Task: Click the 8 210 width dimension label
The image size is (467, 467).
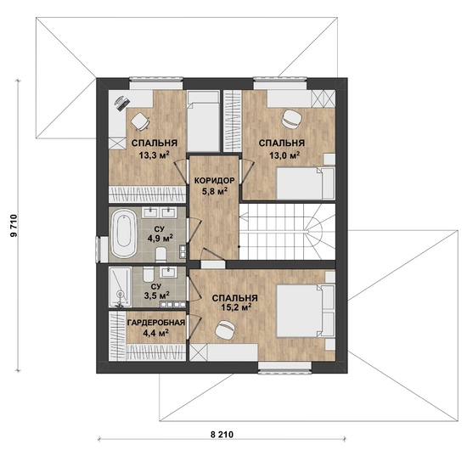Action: tap(222, 435)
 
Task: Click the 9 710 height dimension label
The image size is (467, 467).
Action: tap(14, 226)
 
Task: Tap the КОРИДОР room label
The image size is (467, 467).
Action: tap(215, 181)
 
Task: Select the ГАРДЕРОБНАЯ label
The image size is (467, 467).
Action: tap(156, 323)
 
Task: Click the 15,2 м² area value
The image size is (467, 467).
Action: tap(235, 307)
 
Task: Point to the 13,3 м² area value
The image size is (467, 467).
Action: tap(155, 155)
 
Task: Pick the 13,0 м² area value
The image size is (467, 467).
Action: tap(284, 155)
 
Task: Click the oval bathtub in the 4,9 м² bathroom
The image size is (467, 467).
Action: tap(124, 233)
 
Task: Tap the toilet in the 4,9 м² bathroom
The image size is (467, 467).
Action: tap(160, 254)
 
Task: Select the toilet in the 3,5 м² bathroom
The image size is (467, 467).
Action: tap(148, 274)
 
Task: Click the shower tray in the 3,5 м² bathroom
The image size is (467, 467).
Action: tap(120, 287)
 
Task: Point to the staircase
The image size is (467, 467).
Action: tap(287, 232)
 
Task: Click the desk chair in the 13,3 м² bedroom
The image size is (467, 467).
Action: tap(140, 122)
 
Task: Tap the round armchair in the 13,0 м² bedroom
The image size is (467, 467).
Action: tap(291, 120)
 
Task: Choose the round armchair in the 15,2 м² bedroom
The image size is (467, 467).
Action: tap(225, 329)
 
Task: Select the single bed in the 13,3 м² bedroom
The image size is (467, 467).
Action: tap(204, 121)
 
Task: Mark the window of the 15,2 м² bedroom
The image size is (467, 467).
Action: tap(284, 368)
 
